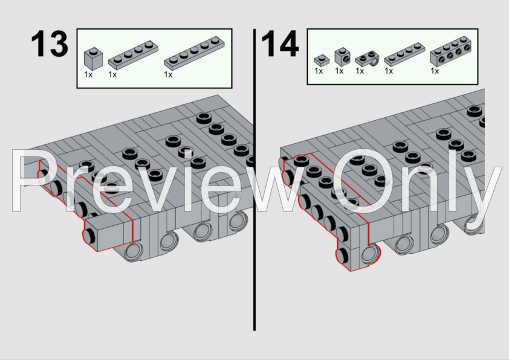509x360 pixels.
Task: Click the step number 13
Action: coord(50,43)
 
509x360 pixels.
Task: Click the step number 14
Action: coord(280,43)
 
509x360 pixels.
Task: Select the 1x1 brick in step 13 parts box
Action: coord(93,59)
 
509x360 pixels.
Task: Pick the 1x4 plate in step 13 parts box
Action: coord(133,55)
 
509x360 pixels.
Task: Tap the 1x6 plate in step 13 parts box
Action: coord(194,53)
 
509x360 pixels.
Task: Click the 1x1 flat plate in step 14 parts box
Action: coord(322,60)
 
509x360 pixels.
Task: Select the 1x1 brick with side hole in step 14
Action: coord(342,56)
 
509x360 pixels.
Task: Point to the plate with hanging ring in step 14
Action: coord(367,59)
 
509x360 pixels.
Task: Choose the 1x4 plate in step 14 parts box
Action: coord(404,54)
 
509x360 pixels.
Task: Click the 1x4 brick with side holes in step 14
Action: coord(450,51)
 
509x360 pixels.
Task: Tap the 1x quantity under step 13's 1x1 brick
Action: coord(88,74)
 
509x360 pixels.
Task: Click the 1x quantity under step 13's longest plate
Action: coord(168,74)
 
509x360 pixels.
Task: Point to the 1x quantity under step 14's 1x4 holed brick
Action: coord(435,71)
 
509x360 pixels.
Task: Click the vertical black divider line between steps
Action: coord(254,179)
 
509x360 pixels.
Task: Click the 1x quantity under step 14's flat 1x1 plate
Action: coord(319,71)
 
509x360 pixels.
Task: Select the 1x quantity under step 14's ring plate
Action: coord(360,71)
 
